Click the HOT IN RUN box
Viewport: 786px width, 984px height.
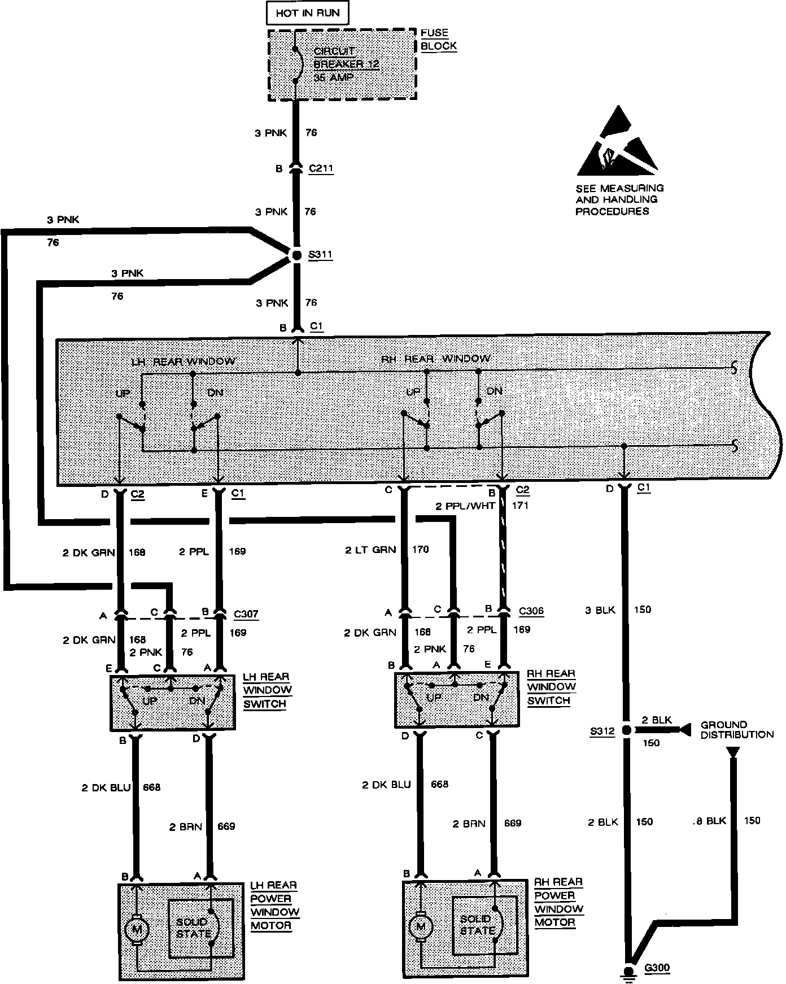coord(307,13)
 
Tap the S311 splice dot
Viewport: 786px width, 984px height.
coord(297,256)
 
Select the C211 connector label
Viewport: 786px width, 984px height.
coord(321,168)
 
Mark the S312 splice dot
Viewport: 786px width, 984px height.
coord(626,730)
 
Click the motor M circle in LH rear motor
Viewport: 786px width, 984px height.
coord(137,928)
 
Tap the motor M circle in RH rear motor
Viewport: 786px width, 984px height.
coord(420,926)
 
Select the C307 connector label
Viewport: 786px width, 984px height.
coord(246,614)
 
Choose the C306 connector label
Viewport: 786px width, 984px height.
coord(531,611)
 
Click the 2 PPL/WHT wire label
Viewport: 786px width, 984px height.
coord(465,506)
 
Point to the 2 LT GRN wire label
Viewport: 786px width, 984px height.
coord(370,550)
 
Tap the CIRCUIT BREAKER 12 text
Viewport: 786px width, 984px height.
coord(346,58)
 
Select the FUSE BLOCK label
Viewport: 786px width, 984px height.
coord(438,40)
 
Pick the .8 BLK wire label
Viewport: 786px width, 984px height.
coord(709,821)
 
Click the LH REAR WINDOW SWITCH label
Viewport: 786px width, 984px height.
coord(267,690)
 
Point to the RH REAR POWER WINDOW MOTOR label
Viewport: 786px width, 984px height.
coord(558,902)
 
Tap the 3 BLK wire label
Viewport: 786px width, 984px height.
coord(600,610)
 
